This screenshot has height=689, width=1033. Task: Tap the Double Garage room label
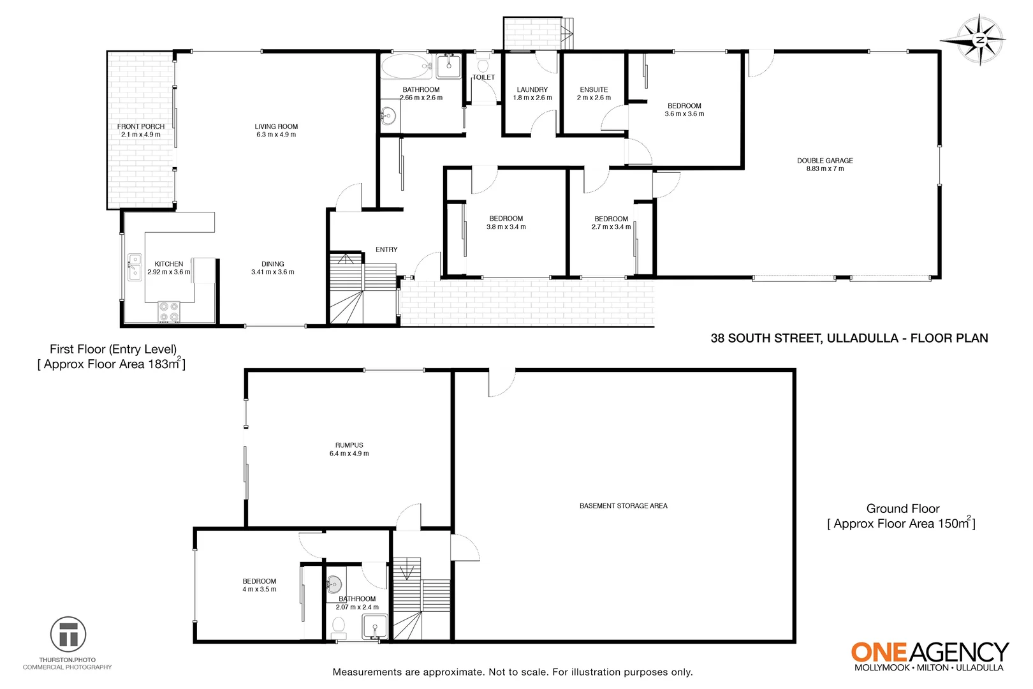[824, 161]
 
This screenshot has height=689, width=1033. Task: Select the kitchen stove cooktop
[169, 311]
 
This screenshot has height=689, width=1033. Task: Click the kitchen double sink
[135, 267]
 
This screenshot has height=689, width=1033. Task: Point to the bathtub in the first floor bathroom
[406, 66]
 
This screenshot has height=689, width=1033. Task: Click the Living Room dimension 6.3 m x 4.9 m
[275, 135]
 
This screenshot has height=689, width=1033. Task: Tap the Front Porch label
[141, 126]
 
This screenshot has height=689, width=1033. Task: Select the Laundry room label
[532, 90]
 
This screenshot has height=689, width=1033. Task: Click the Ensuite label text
[594, 90]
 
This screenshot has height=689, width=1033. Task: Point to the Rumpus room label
[349, 445]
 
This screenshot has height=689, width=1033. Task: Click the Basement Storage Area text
[623, 506]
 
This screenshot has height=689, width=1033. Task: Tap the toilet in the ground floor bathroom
[339, 626]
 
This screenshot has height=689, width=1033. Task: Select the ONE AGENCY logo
[929, 655]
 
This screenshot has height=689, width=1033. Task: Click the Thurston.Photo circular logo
[68, 634]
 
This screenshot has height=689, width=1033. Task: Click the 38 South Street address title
[849, 338]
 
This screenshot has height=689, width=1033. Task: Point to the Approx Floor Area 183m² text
[112, 364]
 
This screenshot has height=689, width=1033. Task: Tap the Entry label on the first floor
[386, 249]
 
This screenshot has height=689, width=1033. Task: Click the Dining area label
[272, 264]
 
